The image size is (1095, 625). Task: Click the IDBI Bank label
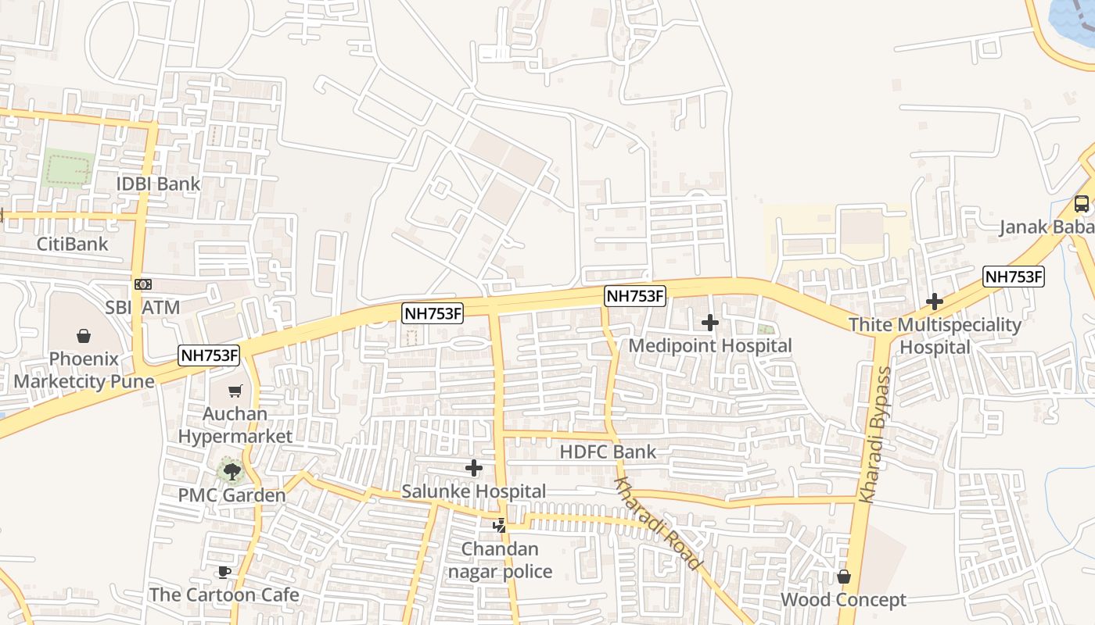158,184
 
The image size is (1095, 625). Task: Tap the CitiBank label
73,244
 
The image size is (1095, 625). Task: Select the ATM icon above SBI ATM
142,284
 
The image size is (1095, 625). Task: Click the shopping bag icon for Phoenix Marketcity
84,336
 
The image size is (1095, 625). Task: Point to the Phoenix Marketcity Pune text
84,371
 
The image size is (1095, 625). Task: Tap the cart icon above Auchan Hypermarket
235,391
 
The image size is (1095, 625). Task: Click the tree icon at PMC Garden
232,470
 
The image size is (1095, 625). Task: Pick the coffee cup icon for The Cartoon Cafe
224,572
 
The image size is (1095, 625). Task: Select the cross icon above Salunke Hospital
474,468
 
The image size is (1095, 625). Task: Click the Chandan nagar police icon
499,526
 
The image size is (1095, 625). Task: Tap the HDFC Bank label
608,452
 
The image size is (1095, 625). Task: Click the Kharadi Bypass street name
875,434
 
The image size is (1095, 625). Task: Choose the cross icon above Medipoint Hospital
710,322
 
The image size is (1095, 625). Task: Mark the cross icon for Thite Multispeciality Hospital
935,302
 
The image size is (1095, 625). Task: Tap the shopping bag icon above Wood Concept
844,577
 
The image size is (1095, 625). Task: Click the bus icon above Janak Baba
1082,204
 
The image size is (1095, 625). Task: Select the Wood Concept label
844,600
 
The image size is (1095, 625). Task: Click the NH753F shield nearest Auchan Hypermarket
209,355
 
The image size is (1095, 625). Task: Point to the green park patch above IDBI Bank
67,169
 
